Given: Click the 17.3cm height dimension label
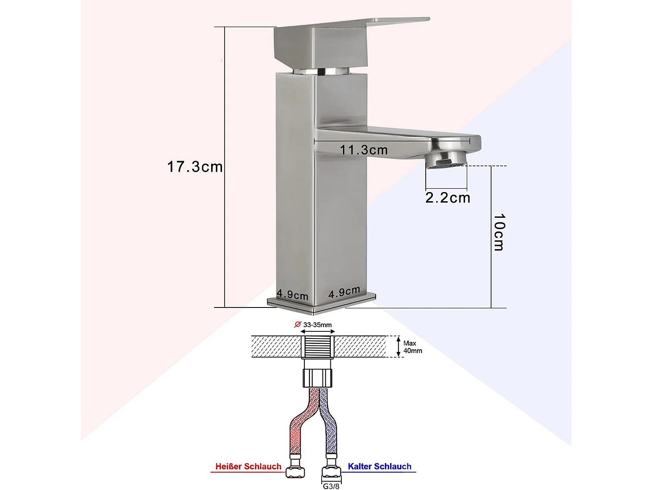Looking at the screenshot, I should [x=195, y=167].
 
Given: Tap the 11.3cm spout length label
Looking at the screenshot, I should [x=364, y=150].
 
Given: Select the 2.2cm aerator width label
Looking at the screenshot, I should [x=448, y=198].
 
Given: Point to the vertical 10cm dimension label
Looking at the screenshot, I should [x=499, y=232].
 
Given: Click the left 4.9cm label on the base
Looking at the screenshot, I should [x=292, y=294].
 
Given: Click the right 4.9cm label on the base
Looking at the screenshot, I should [x=344, y=292].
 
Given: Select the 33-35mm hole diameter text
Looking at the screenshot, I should [x=317, y=325].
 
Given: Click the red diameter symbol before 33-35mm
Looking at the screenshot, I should [x=298, y=324].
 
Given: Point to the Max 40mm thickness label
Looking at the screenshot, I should [x=412, y=347].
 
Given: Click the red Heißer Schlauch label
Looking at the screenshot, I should [x=248, y=466].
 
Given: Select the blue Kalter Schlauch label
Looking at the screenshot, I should [x=380, y=466].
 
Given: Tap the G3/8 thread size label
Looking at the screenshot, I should [x=331, y=486].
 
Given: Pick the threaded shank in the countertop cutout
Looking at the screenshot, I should [x=318, y=347].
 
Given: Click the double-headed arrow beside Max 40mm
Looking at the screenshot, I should [x=398, y=347].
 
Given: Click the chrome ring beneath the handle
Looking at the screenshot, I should [x=321, y=71].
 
